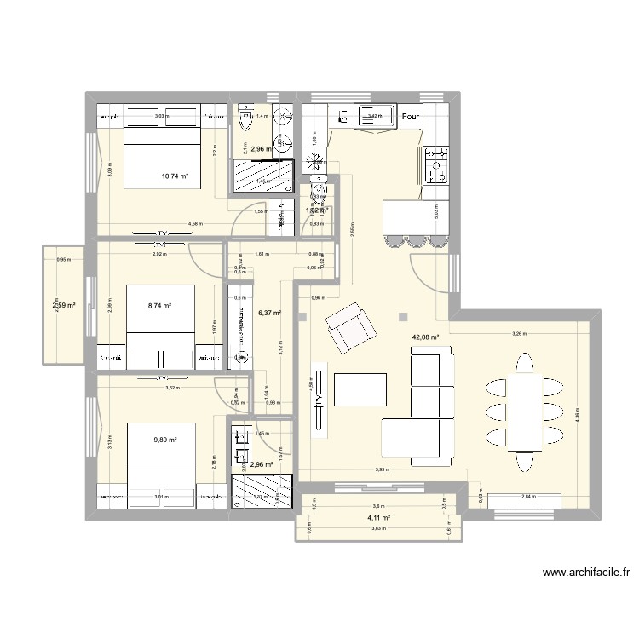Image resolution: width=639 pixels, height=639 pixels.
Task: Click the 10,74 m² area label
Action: pos(175,177)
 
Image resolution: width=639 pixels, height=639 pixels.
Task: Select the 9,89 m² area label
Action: pos(165,440)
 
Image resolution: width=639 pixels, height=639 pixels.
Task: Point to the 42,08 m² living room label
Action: pos(426,337)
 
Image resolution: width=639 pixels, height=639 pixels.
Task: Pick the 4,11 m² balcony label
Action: pos(378,517)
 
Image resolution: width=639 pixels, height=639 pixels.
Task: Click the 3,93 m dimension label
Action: pos(383,469)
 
